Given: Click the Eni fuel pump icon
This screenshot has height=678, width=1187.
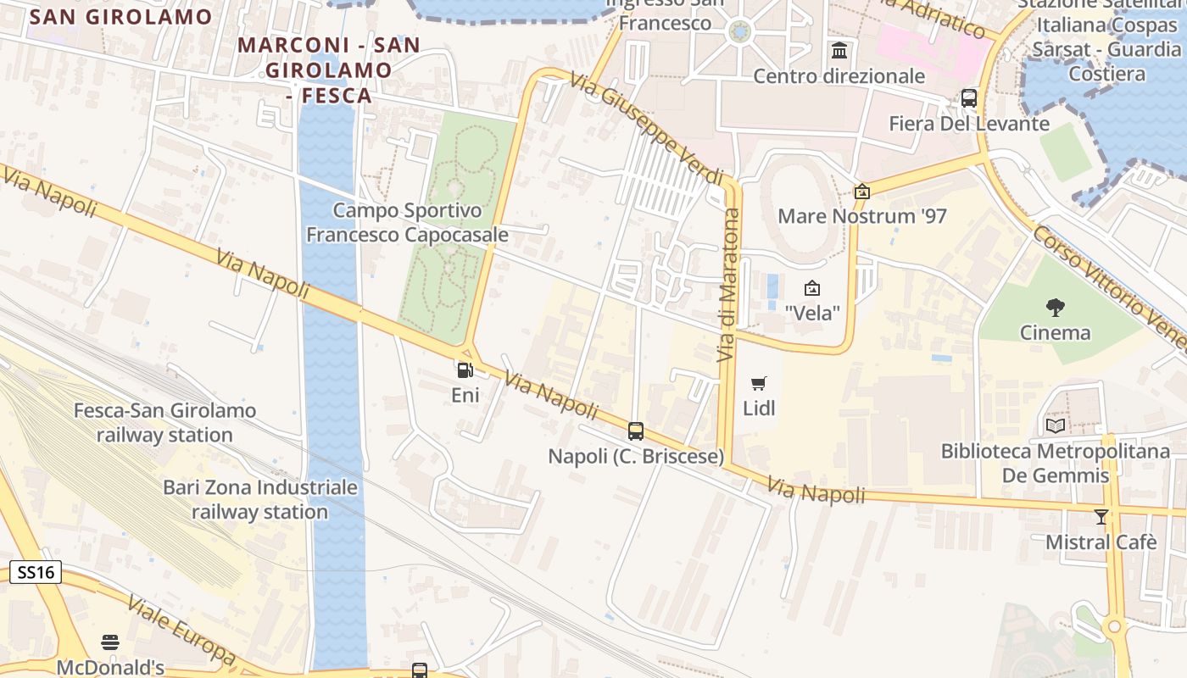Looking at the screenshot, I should [x=465, y=370].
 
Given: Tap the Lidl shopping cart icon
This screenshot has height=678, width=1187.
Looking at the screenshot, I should [x=759, y=383].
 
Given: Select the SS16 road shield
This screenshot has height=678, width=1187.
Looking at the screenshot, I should [x=36, y=572].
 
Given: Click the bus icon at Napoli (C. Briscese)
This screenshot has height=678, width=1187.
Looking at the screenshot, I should [x=636, y=431].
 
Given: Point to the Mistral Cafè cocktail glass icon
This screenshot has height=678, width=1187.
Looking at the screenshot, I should [x=1101, y=516].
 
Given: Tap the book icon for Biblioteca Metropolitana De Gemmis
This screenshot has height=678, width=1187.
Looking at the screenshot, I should [x=1056, y=426].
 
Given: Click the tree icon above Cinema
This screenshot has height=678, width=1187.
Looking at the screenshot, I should [x=1056, y=307].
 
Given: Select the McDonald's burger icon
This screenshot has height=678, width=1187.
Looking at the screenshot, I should [x=110, y=642].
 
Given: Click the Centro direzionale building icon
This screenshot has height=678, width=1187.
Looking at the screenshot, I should [x=839, y=51].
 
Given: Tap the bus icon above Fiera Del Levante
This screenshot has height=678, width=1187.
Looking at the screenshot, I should [x=969, y=98].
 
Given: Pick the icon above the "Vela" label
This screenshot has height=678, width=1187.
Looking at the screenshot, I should [x=812, y=288].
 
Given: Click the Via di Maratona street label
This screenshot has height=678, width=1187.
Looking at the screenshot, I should [x=729, y=286].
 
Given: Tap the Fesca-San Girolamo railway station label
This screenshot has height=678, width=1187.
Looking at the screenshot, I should [x=164, y=423].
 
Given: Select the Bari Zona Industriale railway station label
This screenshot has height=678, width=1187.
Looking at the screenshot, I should [x=259, y=500].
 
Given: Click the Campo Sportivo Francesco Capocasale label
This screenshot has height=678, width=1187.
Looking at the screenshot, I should [x=407, y=222].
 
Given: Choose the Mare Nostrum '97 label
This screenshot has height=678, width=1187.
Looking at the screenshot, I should [x=862, y=216].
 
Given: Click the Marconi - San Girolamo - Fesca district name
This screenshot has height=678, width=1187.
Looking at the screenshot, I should [x=329, y=69].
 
